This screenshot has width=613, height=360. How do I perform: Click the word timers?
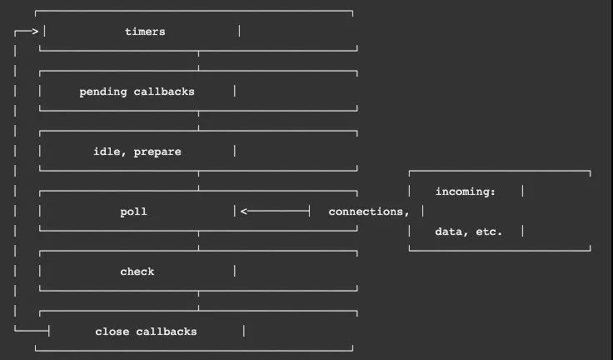[x=145, y=32]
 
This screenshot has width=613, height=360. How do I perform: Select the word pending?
[x=103, y=92]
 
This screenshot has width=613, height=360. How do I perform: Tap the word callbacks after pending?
[x=164, y=92]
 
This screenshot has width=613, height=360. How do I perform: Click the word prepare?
[x=157, y=152]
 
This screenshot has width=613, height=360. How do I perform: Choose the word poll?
[x=134, y=212]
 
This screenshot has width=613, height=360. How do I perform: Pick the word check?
[x=137, y=272]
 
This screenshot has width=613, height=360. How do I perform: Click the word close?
[x=112, y=332]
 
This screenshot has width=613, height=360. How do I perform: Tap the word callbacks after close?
[x=167, y=332]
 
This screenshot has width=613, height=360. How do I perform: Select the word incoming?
[x=466, y=192]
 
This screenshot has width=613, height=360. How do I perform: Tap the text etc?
[x=489, y=232]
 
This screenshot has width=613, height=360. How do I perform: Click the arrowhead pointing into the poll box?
[x=244, y=212]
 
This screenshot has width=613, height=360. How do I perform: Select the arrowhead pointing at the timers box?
[x=35, y=32]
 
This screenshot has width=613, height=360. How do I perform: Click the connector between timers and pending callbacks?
[x=198, y=61]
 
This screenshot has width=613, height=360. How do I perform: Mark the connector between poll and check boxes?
[x=198, y=241]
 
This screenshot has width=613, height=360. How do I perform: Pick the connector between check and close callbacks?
[x=198, y=301]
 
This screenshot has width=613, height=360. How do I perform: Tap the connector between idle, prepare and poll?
[x=198, y=181]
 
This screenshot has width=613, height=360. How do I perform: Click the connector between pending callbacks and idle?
[x=198, y=121]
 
